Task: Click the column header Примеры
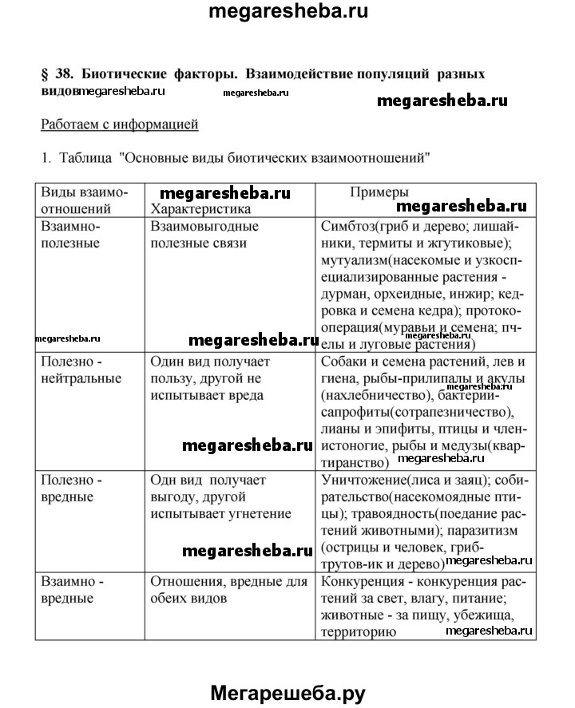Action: [x=380, y=193]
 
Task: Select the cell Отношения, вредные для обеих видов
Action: [x=228, y=589]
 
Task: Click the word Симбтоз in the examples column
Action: [x=347, y=226]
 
